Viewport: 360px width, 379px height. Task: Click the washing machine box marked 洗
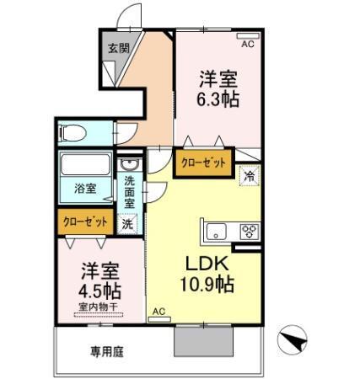pos(127,225)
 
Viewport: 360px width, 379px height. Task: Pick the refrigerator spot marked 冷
pos(250,176)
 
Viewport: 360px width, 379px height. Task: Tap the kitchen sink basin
pos(215,231)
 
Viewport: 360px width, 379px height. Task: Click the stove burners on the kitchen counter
pos(250,231)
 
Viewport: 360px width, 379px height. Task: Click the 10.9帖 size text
pos(205,285)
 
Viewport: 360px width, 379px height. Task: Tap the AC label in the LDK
pos(158,312)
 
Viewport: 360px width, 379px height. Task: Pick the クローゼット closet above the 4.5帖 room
pos(86,222)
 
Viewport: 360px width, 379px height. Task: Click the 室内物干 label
pos(99,308)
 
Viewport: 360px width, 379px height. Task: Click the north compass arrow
pos(293,342)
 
